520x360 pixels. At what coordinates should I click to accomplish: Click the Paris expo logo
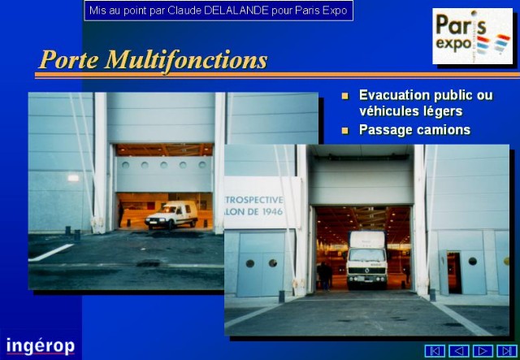click(472, 36)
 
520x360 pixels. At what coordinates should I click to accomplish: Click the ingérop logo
click(40, 346)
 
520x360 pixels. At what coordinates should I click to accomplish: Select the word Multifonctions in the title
click(186, 60)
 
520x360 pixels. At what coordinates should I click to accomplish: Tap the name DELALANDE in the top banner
click(236, 11)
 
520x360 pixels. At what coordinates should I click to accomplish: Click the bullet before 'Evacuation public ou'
click(345, 96)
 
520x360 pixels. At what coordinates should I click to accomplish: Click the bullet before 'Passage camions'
click(345, 130)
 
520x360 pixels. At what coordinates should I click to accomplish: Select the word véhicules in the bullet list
click(384, 111)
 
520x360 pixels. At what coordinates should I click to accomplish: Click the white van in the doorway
click(171, 215)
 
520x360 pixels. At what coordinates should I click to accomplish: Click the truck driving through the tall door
click(366, 259)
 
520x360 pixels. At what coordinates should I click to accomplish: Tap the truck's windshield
click(366, 255)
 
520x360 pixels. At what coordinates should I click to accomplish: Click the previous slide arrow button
click(458, 351)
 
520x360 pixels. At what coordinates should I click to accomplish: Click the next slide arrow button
click(483, 351)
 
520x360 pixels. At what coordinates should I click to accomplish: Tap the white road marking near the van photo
click(50, 253)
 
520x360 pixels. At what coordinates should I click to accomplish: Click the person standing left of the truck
click(324, 276)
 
